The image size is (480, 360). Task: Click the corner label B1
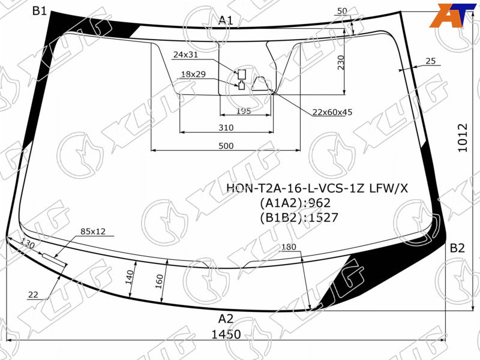(x=40, y=11)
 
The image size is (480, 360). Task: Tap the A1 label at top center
(x=226, y=20)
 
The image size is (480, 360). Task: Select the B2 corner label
(x=457, y=248)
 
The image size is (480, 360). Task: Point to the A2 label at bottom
(x=226, y=319)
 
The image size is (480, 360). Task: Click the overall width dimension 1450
(x=226, y=334)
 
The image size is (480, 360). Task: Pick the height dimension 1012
(x=463, y=137)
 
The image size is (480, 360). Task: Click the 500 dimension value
(x=226, y=146)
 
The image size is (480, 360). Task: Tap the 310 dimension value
(x=226, y=127)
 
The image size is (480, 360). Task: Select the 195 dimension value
(x=244, y=110)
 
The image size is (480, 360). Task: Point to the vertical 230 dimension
(x=341, y=62)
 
